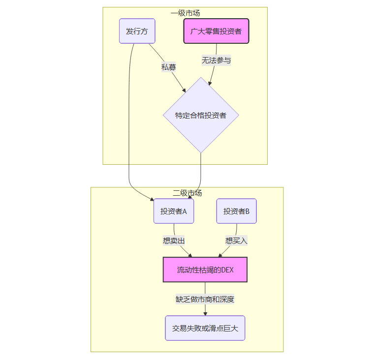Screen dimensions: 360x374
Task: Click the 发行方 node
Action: pos(137,31)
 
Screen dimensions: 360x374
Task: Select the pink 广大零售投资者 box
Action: pos(216,31)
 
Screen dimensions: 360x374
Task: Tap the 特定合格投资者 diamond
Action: pos(201,116)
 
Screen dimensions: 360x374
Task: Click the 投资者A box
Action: pos(174,211)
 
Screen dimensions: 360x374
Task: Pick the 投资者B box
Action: pos(236,211)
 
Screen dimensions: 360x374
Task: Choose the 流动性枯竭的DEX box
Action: pos(205,270)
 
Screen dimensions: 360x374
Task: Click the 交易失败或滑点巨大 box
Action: pos(205,328)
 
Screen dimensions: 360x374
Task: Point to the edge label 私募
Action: pos(168,67)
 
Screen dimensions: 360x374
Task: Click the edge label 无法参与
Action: pos(216,60)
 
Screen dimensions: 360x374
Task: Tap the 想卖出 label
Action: pos(174,240)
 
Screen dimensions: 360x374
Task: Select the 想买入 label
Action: pos(236,240)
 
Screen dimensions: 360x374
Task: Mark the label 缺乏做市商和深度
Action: pos(205,299)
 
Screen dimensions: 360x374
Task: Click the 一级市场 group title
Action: pos(185,13)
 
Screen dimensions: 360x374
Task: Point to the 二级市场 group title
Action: pos(187,193)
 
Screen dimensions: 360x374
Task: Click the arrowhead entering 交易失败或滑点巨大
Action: pos(205,313)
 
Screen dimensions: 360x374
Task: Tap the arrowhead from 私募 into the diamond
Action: pos(184,90)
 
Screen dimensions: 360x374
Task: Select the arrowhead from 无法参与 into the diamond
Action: pos(211,84)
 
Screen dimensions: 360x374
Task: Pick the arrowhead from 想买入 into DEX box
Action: pos(220,255)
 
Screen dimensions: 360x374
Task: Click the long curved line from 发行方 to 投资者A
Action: pos(129,123)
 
